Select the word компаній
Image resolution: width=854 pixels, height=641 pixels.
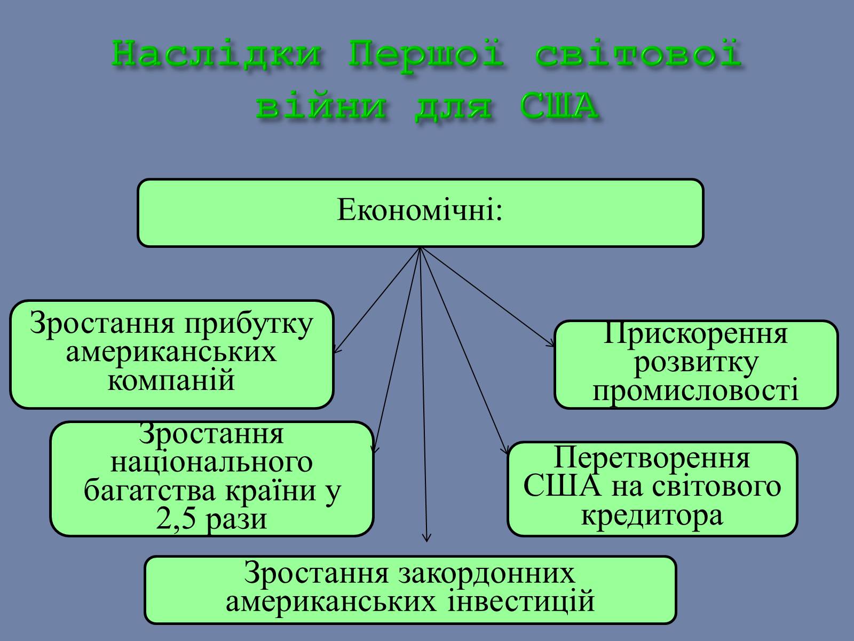[171, 381]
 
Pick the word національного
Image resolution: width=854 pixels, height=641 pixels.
[211, 463]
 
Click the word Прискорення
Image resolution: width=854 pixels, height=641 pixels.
[695, 334]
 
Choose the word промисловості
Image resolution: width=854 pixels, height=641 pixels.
[695, 391]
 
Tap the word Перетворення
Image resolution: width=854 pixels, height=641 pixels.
[652, 458]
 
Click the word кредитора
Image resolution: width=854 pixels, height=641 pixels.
[652, 515]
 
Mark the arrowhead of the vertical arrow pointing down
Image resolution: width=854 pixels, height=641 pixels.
[426, 538]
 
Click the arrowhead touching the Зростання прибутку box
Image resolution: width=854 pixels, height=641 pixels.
[336, 350]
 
